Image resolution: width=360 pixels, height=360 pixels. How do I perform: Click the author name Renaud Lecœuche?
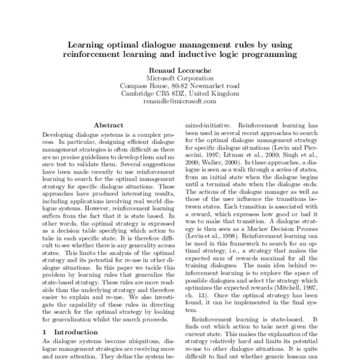pyautogui.click(x=179, y=70)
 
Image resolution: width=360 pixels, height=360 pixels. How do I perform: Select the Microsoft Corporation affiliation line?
pyautogui.click(x=179, y=78)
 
